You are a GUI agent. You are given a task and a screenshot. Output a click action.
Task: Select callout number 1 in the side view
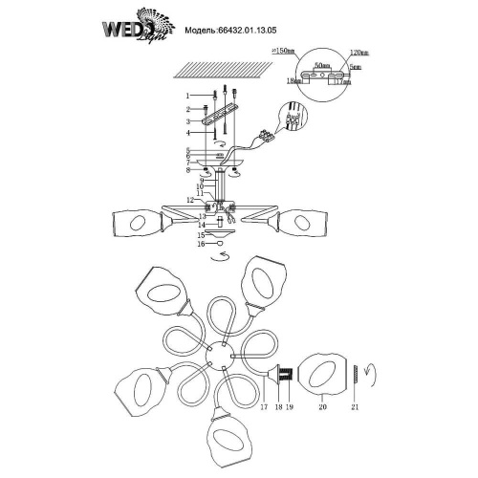[189, 96]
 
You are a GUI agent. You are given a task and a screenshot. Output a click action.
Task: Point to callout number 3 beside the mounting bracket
[189, 121]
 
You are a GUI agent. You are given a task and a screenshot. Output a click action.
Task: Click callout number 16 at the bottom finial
[189, 245]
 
